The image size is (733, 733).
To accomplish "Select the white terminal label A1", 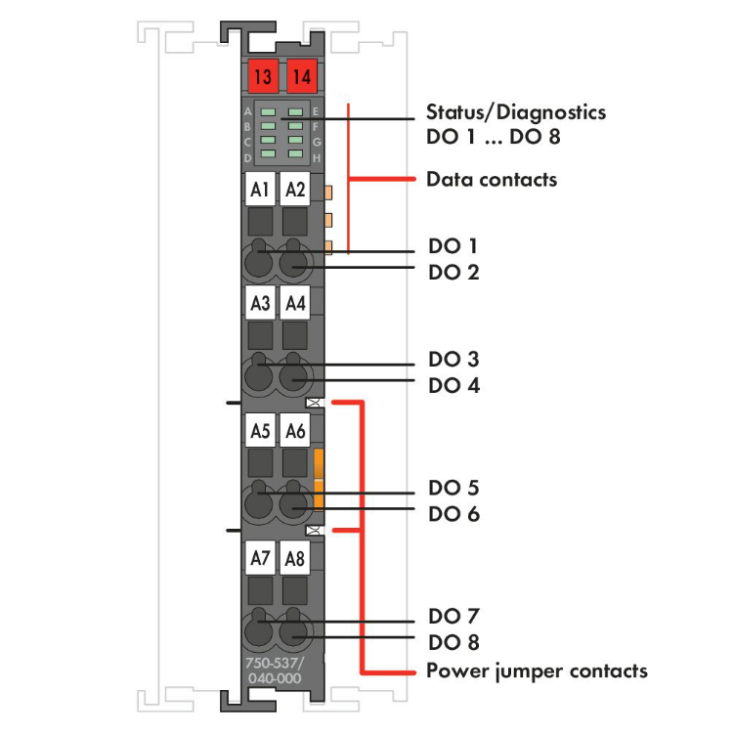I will [259, 190].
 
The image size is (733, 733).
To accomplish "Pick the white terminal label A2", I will [294, 190].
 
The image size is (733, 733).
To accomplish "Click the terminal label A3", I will [259, 304].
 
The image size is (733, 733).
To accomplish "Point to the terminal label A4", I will [294, 304].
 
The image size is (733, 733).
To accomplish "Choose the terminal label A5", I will [259, 430].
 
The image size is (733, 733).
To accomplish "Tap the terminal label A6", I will [294, 430].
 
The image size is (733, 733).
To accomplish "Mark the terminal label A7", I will [259, 559].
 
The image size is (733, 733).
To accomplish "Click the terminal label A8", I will [294, 559].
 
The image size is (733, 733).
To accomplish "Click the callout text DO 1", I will [453, 245].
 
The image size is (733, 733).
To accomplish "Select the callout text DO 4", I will [453, 385].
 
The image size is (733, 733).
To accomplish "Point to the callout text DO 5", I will [453, 487].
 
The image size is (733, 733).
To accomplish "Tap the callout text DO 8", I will [453, 642].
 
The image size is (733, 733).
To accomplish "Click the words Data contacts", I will [492, 180].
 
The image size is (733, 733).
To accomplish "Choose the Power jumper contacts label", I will [537, 670].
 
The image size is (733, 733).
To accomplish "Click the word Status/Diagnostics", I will [515, 111].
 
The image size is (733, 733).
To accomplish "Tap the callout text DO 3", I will [453, 360].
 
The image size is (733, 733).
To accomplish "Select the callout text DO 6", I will [453, 513].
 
